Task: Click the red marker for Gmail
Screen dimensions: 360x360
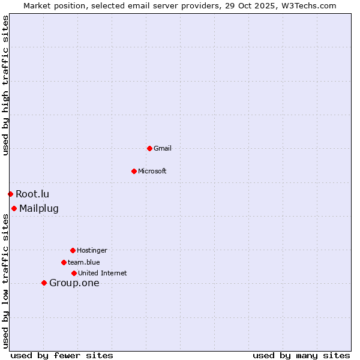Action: [x=149, y=148]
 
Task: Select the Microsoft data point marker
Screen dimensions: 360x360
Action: [x=134, y=171]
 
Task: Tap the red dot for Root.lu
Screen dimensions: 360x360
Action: [x=10, y=194]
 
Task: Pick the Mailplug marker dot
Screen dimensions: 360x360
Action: [x=14, y=208]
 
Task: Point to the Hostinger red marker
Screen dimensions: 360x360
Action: [x=73, y=250]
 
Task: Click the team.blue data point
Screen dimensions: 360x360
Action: [x=64, y=262]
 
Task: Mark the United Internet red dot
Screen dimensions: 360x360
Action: [x=74, y=273]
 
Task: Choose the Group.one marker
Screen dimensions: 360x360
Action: [x=44, y=283]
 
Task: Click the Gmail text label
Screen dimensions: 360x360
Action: [x=163, y=148]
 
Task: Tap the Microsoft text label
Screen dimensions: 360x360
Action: [x=152, y=171]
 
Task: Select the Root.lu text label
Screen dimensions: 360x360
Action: [x=32, y=194]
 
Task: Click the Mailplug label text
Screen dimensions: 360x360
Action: [x=39, y=209]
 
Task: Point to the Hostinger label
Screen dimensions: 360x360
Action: [x=92, y=250]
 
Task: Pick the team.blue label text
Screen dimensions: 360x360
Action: [x=84, y=262]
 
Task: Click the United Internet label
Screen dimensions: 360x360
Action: [x=103, y=273]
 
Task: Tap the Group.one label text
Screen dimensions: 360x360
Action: [x=74, y=283]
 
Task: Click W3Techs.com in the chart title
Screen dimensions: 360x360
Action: [x=308, y=5]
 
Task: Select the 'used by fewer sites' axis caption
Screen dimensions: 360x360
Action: [x=62, y=355]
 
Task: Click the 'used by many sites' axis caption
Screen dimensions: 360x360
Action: [x=301, y=355]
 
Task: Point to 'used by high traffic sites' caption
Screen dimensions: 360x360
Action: [x=5, y=85]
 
